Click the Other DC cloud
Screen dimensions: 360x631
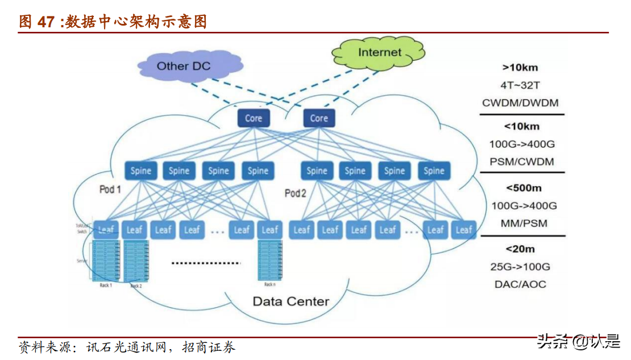[183, 66]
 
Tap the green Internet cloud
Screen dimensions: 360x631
[379, 52]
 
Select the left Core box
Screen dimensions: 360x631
[253, 118]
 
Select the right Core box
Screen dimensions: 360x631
[318, 118]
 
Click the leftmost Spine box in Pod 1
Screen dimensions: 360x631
[141, 171]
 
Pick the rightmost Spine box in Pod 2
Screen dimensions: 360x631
[434, 171]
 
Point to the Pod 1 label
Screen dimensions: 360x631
[110, 189]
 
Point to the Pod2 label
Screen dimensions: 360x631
[296, 193]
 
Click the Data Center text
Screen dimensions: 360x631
[290, 301]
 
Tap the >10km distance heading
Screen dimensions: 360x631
[520, 68]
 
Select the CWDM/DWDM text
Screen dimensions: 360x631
[520, 103]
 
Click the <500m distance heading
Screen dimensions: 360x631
[523, 187]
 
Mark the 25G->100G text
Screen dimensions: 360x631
[520, 267]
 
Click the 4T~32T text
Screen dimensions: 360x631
[520, 85]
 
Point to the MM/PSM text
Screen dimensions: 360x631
[524, 223]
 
